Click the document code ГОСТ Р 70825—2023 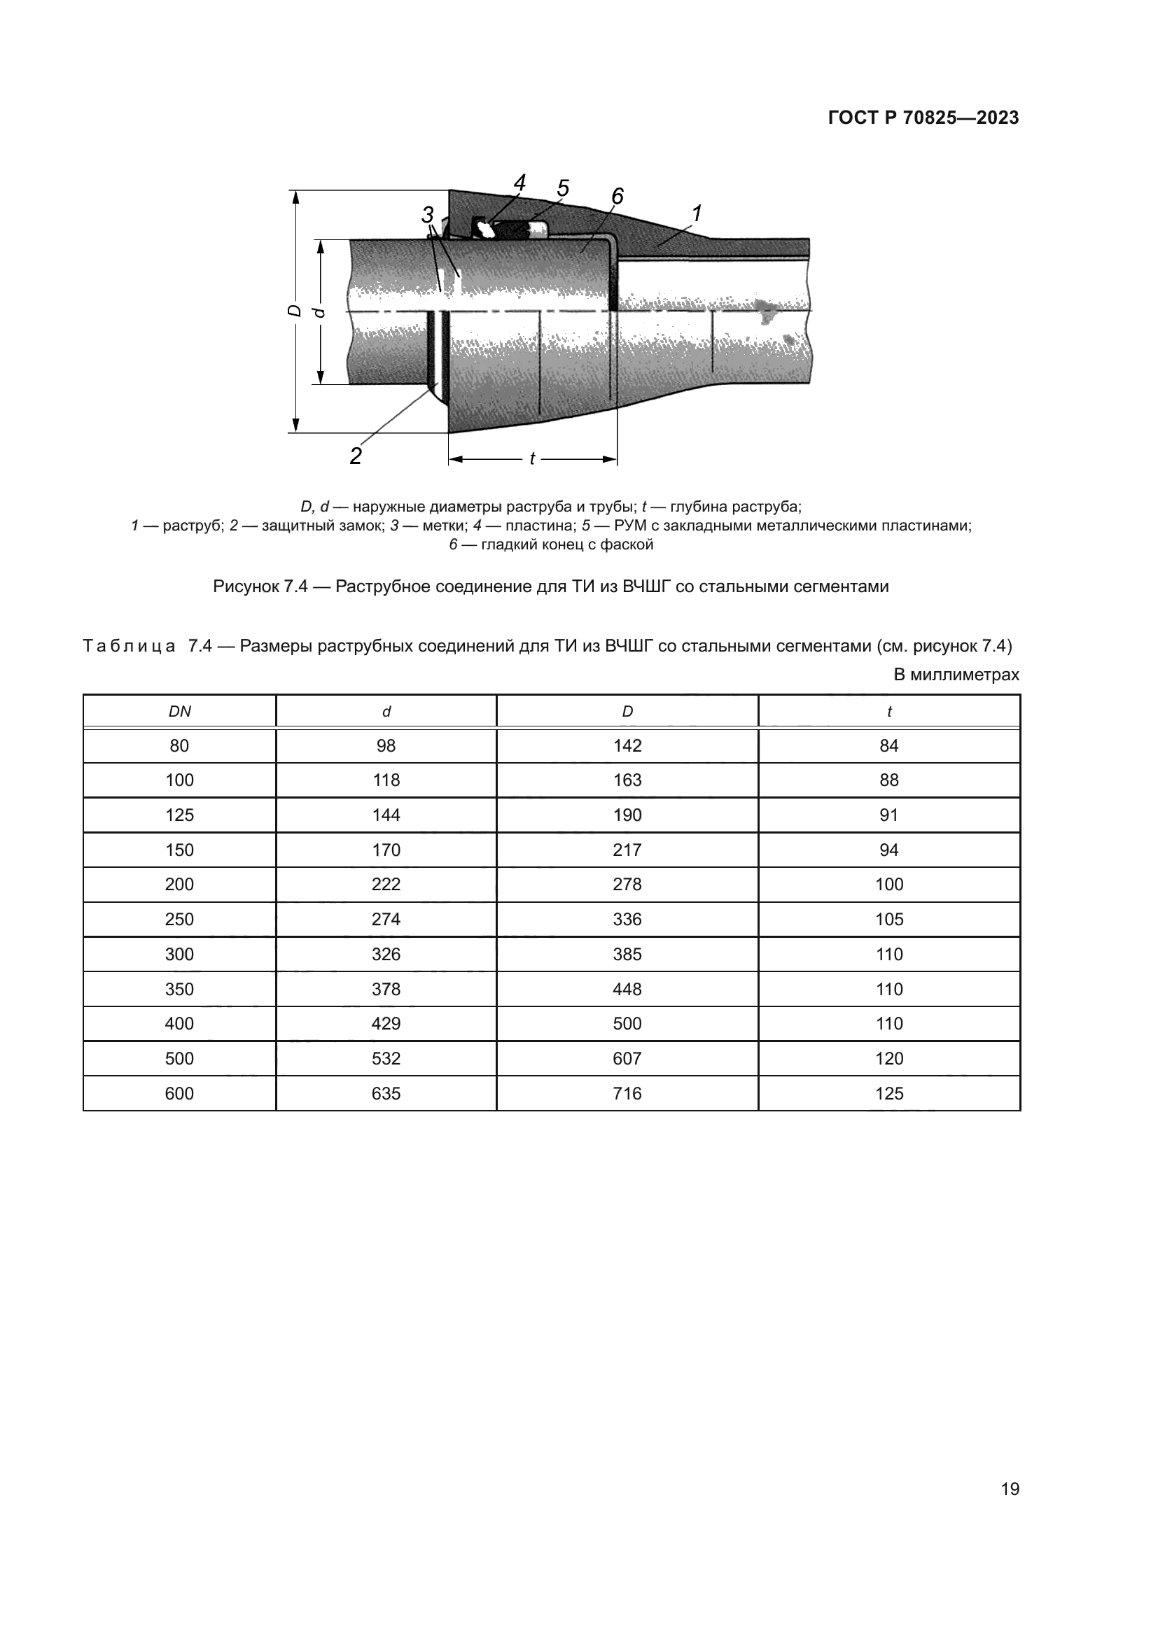tap(923, 118)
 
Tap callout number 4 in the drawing tap(519, 183)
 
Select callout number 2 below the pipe tap(355, 455)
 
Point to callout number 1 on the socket tap(697, 213)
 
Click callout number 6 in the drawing tap(617, 195)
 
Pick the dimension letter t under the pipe tap(532, 459)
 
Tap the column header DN tap(179, 712)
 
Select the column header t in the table tap(888, 712)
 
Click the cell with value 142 tap(627, 746)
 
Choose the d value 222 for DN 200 tap(386, 884)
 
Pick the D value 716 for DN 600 tap(627, 1093)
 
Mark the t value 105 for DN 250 tap(888, 919)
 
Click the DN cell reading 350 tap(179, 989)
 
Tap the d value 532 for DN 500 tap(386, 1058)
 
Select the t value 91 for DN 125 tap(888, 815)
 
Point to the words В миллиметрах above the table tap(956, 675)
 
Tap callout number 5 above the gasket tap(563, 188)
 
